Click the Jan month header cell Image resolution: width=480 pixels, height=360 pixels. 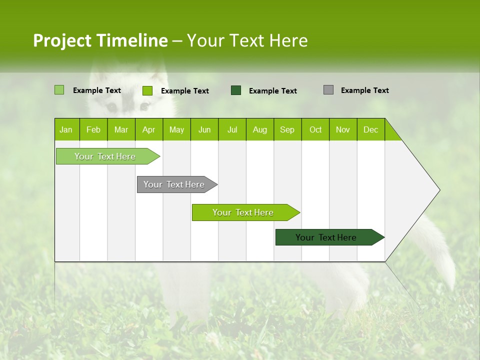(x=66, y=129)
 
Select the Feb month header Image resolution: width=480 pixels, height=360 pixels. (x=93, y=129)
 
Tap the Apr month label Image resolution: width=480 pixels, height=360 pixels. (x=148, y=129)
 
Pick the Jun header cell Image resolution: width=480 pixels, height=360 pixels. (x=204, y=129)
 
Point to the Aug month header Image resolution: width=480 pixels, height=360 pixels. (x=259, y=129)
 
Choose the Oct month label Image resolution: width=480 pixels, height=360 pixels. (x=315, y=129)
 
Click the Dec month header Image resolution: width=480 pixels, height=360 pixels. (x=370, y=129)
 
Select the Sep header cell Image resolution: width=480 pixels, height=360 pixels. (x=287, y=129)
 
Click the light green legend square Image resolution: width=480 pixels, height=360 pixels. (x=59, y=90)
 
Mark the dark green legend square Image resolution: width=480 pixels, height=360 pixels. (x=236, y=90)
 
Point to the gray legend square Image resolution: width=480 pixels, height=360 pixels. (x=328, y=90)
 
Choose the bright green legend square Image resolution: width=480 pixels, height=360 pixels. (x=147, y=90)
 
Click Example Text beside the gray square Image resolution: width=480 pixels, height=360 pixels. (x=364, y=90)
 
